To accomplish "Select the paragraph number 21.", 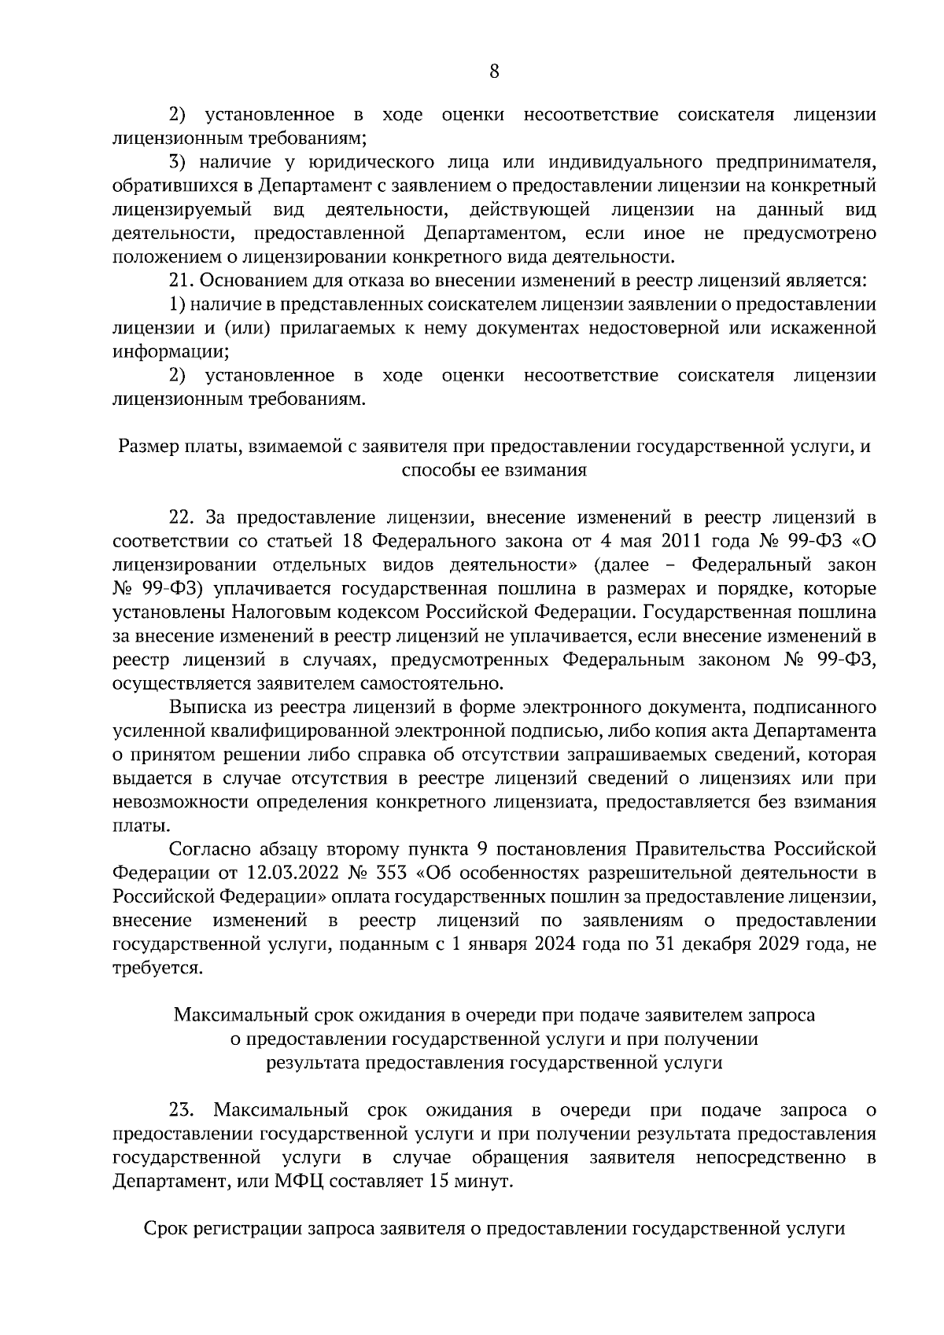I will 180,281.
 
